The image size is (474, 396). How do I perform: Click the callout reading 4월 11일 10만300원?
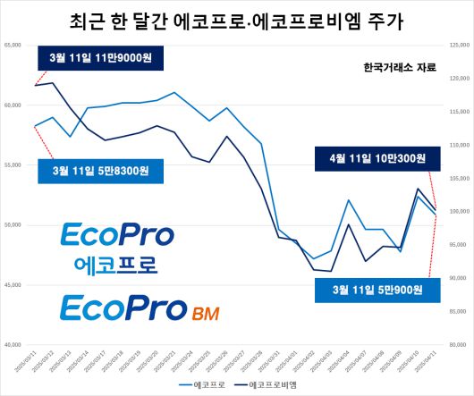click(x=377, y=159)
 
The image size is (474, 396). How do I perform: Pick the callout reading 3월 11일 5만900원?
click(x=378, y=289)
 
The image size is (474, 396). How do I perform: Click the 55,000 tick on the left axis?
click(x=13, y=164)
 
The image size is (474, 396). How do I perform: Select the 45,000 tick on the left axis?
click(x=13, y=284)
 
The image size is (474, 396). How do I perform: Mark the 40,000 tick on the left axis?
click(x=13, y=344)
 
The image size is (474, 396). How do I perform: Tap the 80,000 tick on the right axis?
click(x=460, y=344)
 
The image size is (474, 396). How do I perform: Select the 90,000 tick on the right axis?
click(x=460, y=278)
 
